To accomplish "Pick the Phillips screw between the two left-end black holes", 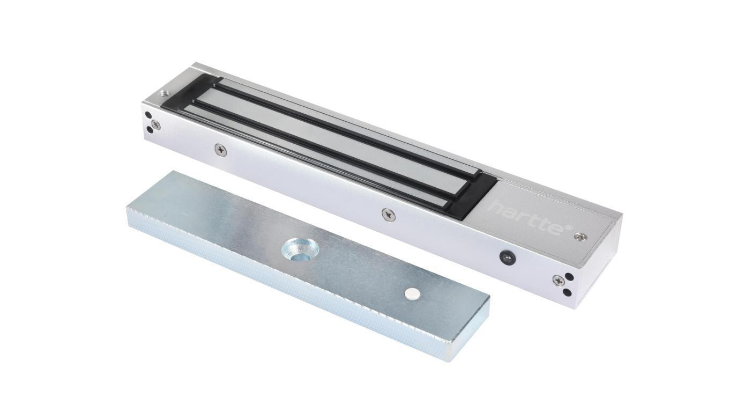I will (155, 124).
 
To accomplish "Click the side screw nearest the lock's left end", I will (220, 150).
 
